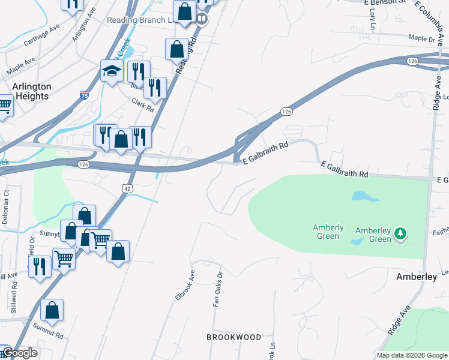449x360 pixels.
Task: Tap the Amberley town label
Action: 416,277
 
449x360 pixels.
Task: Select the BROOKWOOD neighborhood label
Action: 234,337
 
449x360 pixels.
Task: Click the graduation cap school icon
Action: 112,72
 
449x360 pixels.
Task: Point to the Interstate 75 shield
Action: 85,95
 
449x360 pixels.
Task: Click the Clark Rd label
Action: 143,106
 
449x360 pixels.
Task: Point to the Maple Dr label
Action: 421,39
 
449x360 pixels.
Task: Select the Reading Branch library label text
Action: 140,20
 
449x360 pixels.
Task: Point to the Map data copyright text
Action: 411,355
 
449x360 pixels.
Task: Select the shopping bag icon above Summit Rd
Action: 52,311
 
